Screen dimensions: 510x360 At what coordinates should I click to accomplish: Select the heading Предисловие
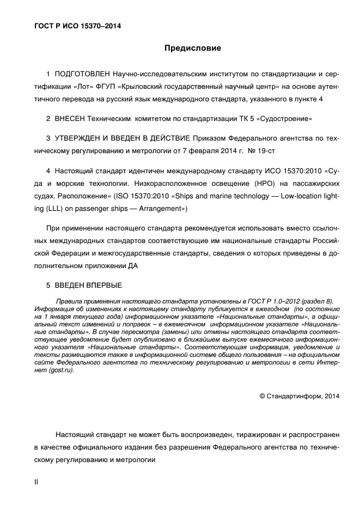pos(193,48)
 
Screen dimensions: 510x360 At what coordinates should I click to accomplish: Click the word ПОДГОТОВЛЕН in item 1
pos(82,74)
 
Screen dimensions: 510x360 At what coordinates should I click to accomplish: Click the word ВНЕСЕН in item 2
pos(70,118)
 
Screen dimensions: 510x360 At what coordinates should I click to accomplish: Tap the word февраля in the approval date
pos(206,150)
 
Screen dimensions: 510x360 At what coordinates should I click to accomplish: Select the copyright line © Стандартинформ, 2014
pos(299,396)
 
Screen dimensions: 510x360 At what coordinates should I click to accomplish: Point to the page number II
pos(36,482)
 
